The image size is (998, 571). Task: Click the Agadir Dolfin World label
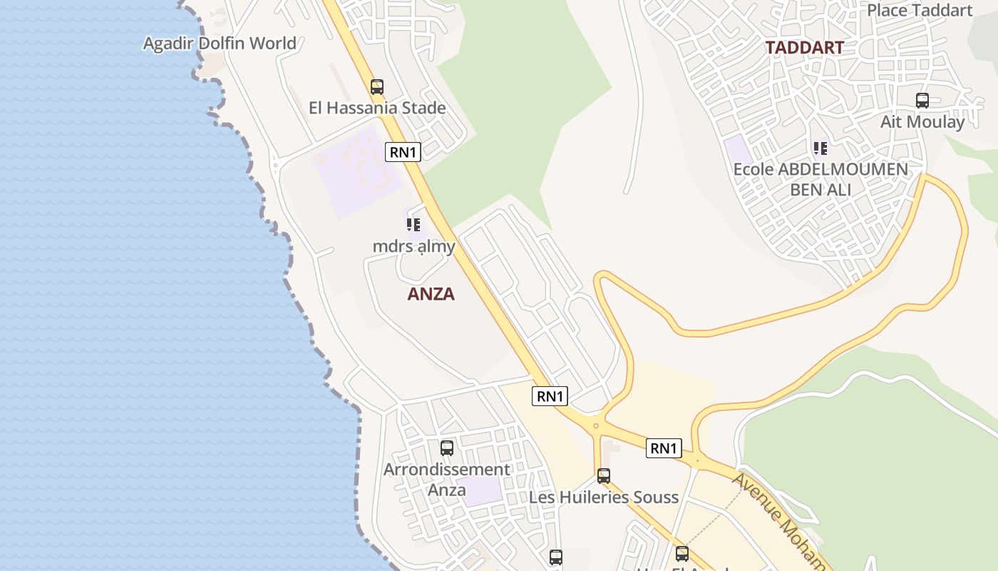click(x=220, y=44)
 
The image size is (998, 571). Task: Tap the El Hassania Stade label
click(x=377, y=108)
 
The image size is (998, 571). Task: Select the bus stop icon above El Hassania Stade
click(x=377, y=87)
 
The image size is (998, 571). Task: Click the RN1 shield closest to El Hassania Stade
click(x=403, y=152)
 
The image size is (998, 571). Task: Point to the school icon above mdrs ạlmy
click(x=413, y=226)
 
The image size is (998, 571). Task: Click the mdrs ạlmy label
click(x=413, y=247)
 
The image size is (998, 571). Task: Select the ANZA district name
click(x=431, y=294)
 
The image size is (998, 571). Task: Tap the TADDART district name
click(x=805, y=48)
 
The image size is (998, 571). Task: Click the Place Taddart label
click(x=920, y=10)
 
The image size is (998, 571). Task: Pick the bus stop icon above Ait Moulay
click(x=922, y=101)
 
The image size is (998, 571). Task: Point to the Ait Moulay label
click(x=922, y=122)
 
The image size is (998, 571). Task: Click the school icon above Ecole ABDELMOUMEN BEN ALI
click(x=820, y=148)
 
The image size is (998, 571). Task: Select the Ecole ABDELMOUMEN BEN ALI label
click(x=820, y=180)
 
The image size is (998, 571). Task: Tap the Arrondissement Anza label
click(x=447, y=480)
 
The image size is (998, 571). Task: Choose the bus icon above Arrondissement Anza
click(x=447, y=448)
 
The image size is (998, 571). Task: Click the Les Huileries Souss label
click(x=604, y=497)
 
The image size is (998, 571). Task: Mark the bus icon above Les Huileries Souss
click(x=604, y=476)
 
